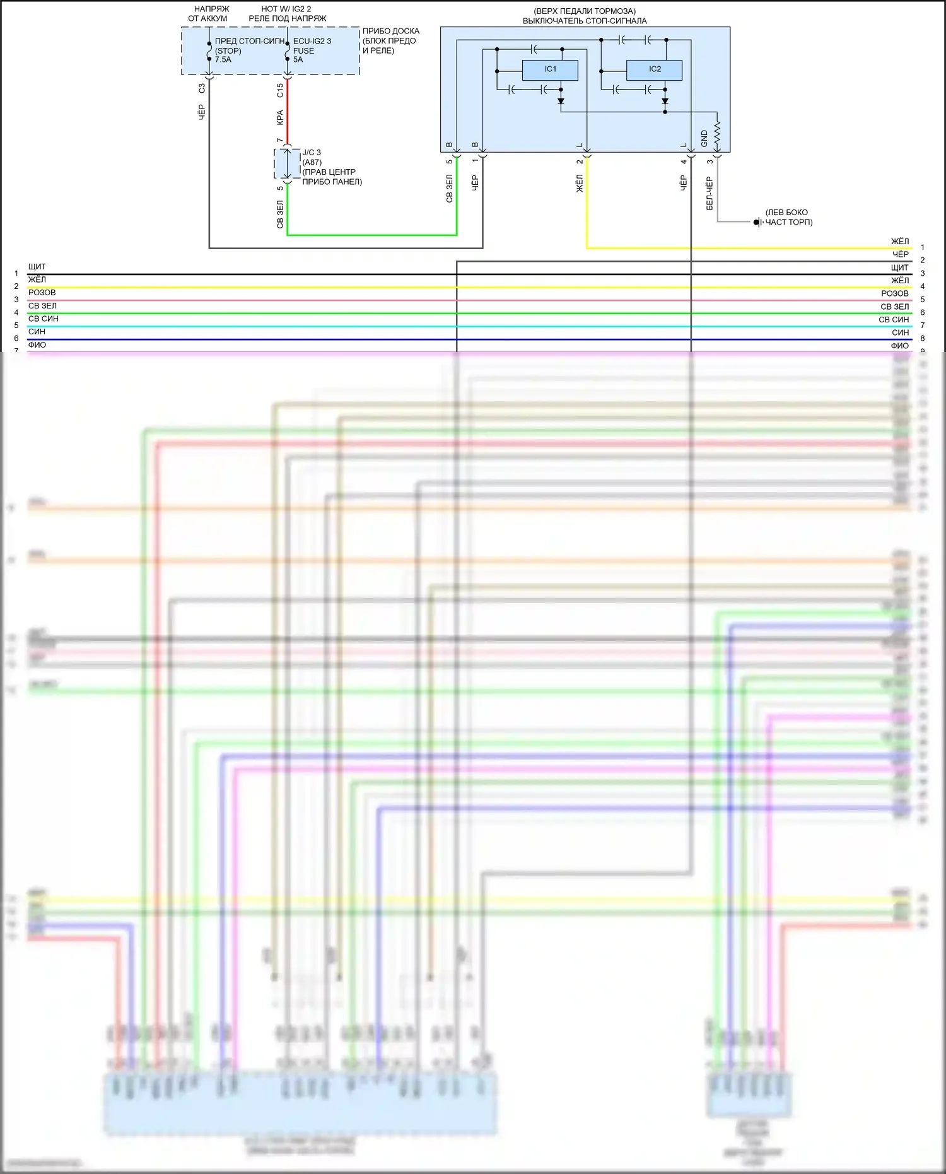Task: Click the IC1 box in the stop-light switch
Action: point(550,69)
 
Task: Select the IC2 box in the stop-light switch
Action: point(654,69)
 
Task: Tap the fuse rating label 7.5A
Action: point(223,60)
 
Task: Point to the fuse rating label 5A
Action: point(298,60)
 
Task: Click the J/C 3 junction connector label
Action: point(312,153)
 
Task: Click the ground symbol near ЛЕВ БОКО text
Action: point(757,222)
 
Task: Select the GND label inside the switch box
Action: point(704,139)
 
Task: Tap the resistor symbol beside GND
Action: point(717,134)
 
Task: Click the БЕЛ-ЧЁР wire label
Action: point(709,194)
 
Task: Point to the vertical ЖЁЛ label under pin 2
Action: point(580,184)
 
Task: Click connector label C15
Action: point(280,90)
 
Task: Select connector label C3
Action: point(202,88)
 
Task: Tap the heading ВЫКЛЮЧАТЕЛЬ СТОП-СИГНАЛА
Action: point(585,21)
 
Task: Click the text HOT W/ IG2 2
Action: point(286,9)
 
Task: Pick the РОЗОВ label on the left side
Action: point(42,293)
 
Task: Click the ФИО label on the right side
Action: point(899,346)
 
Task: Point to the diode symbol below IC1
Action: point(561,101)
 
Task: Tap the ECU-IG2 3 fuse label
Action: point(312,41)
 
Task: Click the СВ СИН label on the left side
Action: point(43,319)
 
